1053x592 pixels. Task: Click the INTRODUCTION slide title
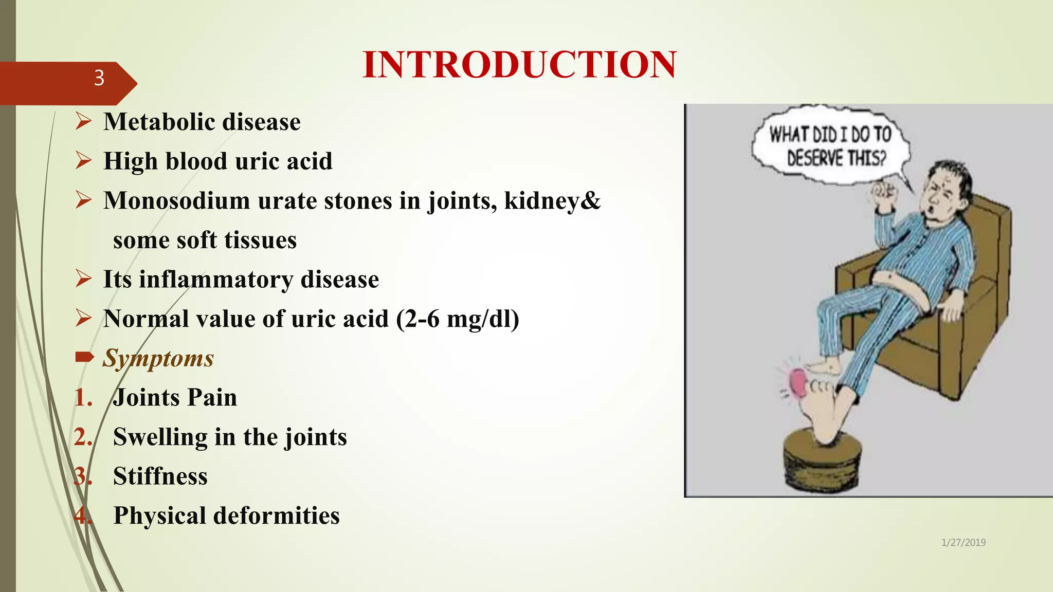pos(519,65)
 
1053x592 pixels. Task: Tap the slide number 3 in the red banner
pos(99,78)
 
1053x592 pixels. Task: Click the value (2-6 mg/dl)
pos(458,319)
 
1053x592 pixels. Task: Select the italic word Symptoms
pos(158,358)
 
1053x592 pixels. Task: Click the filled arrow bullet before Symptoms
pos(84,356)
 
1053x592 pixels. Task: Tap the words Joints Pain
pos(175,398)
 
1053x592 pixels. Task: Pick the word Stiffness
pos(160,476)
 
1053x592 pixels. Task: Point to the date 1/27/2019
pos(963,543)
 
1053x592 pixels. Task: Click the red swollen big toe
pos(797,382)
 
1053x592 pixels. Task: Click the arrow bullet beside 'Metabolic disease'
pos(83,121)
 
